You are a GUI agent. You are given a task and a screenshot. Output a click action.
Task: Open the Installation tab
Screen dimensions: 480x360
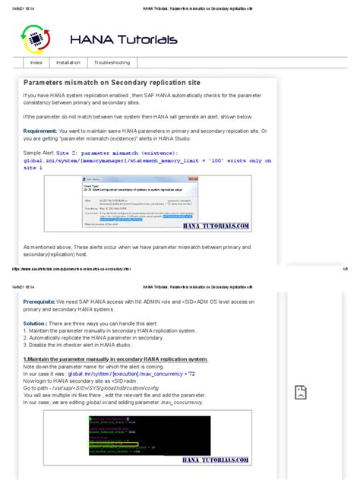pos(68,62)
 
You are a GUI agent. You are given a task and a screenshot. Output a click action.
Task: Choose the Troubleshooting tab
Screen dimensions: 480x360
pos(112,62)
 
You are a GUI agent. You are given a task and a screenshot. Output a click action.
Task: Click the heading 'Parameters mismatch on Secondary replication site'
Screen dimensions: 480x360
pos(112,81)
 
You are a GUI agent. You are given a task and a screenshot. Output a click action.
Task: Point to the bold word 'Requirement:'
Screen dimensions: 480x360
pos(44,130)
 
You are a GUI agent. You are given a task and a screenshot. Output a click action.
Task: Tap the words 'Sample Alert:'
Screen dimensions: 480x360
pos(39,151)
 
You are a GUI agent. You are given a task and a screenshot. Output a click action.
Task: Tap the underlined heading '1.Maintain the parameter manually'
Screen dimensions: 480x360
pos(115,358)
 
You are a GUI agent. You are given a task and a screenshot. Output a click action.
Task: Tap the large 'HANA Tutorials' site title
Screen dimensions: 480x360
pos(124,39)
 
